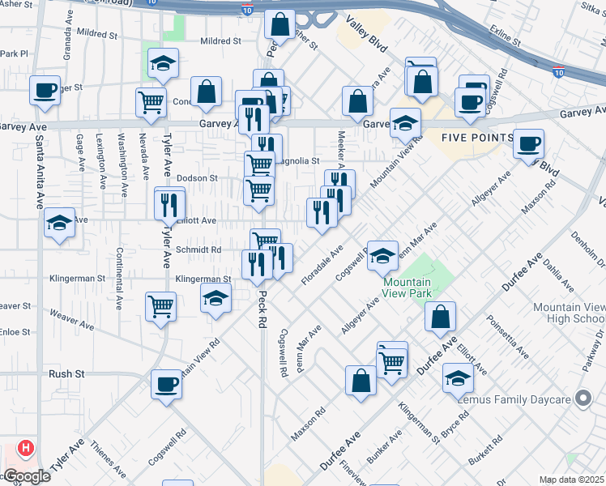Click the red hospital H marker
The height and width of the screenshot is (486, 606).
click(x=27, y=447)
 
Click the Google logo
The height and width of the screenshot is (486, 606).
click(x=26, y=476)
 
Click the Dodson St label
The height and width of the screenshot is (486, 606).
click(x=198, y=178)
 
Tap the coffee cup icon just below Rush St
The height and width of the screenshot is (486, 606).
click(x=166, y=383)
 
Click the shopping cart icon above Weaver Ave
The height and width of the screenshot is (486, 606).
click(x=161, y=306)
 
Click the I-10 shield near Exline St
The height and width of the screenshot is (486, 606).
click(x=559, y=72)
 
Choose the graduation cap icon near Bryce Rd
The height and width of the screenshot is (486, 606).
click(x=458, y=377)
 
